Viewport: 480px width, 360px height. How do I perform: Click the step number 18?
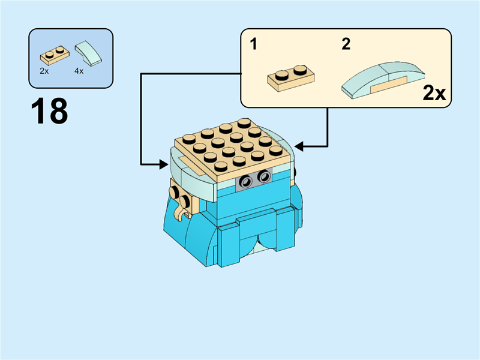(49, 112)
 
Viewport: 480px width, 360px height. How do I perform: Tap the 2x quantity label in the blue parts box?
(44, 71)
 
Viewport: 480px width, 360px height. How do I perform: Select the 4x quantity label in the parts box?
(79, 71)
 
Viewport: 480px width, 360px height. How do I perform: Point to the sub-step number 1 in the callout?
(254, 45)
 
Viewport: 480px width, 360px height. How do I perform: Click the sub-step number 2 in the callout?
(346, 45)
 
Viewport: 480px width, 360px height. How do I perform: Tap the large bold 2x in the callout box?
(434, 93)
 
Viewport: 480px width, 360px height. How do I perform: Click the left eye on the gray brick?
(245, 181)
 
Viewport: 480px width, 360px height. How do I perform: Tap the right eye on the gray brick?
(263, 177)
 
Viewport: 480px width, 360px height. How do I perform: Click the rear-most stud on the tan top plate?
(244, 123)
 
